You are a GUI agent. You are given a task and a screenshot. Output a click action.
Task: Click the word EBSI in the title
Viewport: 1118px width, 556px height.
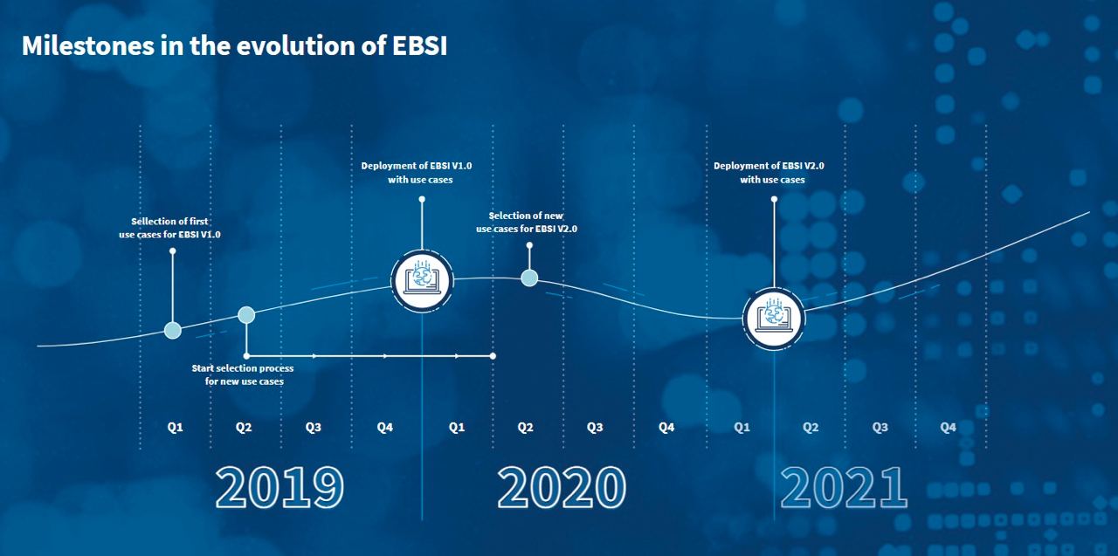click(420, 46)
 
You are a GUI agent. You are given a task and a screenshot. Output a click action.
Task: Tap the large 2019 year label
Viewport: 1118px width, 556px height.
click(279, 487)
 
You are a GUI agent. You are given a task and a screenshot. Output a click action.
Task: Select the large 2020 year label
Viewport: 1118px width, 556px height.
click(562, 487)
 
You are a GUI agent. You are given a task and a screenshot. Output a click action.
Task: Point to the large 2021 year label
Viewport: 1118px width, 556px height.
click(844, 487)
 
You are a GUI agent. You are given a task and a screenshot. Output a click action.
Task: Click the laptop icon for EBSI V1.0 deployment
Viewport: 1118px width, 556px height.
click(422, 281)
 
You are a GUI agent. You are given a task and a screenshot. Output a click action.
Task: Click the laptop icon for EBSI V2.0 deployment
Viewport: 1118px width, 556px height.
click(774, 319)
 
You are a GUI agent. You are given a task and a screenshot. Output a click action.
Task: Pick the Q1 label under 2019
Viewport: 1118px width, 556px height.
click(175, 428)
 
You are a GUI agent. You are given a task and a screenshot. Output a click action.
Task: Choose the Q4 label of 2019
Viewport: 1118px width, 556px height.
click(385, 428)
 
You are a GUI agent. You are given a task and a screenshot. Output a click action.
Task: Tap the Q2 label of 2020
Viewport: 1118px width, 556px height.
click(525, 428)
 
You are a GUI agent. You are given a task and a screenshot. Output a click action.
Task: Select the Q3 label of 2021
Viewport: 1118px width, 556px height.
click(880, 428)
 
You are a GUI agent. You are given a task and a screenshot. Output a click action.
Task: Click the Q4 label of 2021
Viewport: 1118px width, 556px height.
click(948, 428)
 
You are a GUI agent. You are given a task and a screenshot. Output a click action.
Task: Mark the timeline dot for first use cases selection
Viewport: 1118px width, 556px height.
click(173, 331)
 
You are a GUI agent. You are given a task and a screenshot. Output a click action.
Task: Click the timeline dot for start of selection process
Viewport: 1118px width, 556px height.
click(246, 315)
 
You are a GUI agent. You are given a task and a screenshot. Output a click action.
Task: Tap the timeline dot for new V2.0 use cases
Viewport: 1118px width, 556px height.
click(529, 278)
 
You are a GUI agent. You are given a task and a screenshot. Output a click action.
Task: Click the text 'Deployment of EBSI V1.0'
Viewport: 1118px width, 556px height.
click(417, 166)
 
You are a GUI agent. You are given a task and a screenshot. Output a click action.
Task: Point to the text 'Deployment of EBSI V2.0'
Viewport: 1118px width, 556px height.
click(769, 166)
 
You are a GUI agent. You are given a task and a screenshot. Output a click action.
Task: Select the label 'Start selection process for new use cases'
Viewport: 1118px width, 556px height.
click(243, 374)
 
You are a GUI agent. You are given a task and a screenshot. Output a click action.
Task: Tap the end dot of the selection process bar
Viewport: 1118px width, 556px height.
click(493, 356)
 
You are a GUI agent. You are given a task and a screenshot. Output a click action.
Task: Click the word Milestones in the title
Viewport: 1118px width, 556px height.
click(88, 46)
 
